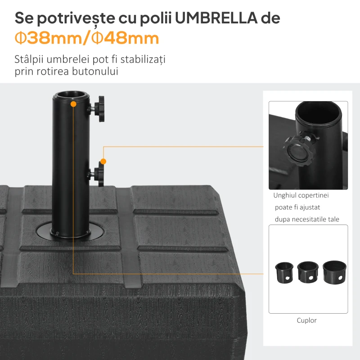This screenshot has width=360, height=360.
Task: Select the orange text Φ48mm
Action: pos(126,38)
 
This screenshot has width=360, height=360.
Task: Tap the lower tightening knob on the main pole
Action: pos(98,174)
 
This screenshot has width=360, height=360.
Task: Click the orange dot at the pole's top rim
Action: pos(73,104)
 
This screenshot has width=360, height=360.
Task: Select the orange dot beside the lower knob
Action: pos(103,161)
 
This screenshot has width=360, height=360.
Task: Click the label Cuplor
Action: pos(306,320)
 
